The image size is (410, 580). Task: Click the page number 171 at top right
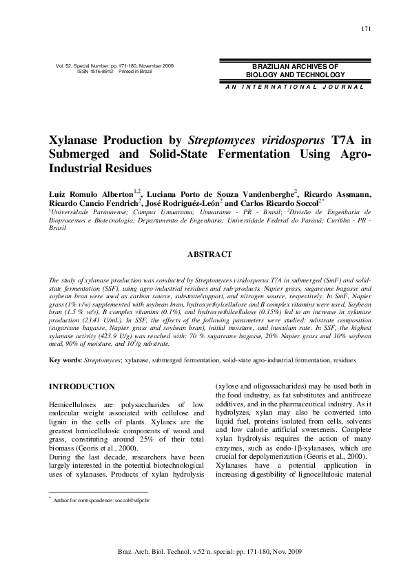pyautogui.click(x=366, y=28)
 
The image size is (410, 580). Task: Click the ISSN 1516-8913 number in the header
pyautogui.click(x=92, y=71)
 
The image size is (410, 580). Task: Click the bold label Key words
pyautogui.click(x=68, y=360)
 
